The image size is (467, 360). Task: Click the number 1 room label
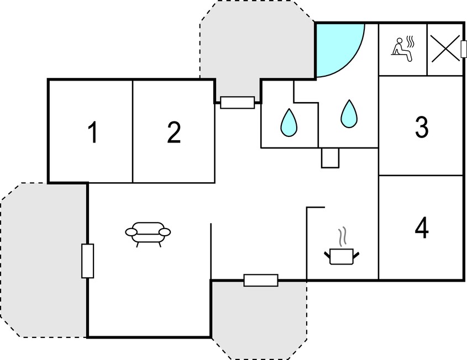point(93,132)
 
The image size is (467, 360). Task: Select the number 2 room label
point(174,132)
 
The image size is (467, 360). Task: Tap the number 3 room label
point(422,127)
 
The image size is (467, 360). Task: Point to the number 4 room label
point(422,228)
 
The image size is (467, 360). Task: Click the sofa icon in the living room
point(148,234)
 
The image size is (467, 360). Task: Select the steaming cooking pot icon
point(342,246)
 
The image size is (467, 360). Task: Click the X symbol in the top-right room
point(445,49)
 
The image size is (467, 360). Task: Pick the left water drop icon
point(288,123)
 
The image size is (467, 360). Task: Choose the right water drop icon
point(349,114)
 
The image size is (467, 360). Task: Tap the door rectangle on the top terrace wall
point(238,103)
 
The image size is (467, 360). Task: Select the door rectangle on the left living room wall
point(87,261)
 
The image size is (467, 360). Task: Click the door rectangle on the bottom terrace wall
point(261,280)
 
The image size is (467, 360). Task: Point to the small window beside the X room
point(463,49)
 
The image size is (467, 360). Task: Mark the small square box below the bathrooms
point(330,158)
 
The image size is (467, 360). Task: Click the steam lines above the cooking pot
point(343,236)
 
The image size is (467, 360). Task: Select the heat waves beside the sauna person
point(411,42)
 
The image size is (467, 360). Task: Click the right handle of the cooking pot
point(356,255)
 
